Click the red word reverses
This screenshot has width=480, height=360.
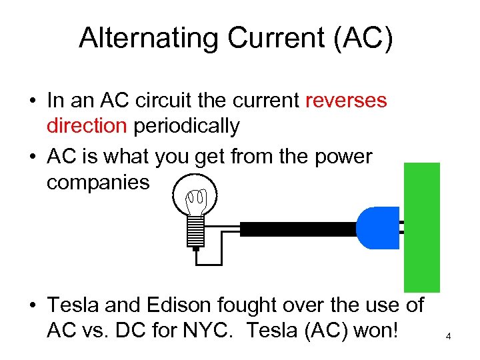coord(345,101)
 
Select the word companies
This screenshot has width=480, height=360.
coord(98,182)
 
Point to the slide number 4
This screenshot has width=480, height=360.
coord(449,337)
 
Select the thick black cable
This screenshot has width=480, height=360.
coord(297,229)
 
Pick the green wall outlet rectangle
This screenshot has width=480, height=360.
coord(422,227)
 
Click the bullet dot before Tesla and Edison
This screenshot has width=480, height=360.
coord(31,307)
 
